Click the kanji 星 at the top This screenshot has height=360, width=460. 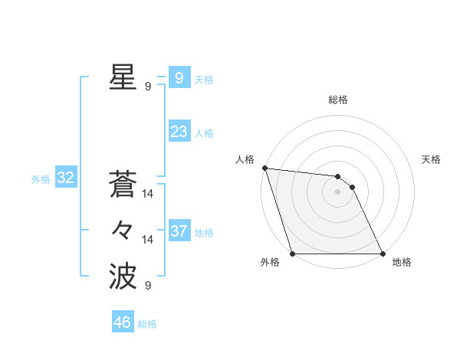pyautogui.click(x=123, y=77)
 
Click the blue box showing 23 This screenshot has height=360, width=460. pyautogui.click(x=179, y=132)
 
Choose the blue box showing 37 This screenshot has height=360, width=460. pyautogui.click(x=179, y=231)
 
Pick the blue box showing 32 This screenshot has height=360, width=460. pyautogui.click(x=65, y=178)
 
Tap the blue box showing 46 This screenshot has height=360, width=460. pyautogui.click(x=123, y=322)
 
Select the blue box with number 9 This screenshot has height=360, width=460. pyautogui.click(x=179, y=77)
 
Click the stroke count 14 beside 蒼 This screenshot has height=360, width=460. pyautogui.click(x=148, y=195)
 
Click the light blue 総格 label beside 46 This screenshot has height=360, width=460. pyautogui.click(x=147, y=324)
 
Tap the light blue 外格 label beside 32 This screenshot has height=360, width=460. pyautogui.click(x=40, y=179)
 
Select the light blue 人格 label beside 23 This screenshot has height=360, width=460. pyautogui.click(x=204, y=133)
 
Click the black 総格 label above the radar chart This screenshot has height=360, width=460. pyautogui.click(x=338, y=100)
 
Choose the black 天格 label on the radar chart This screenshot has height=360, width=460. pyautogui.click(x=432, y=159)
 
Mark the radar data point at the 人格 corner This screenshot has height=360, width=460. pyautogui.click(x=264, y=168)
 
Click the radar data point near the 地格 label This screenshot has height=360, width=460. pyautogui.click(x=383, y=254)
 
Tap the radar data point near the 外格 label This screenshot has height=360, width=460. pyautogui.click(x=293, y=254)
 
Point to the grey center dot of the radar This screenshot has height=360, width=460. pyautogui.click(x=337, y=191)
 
